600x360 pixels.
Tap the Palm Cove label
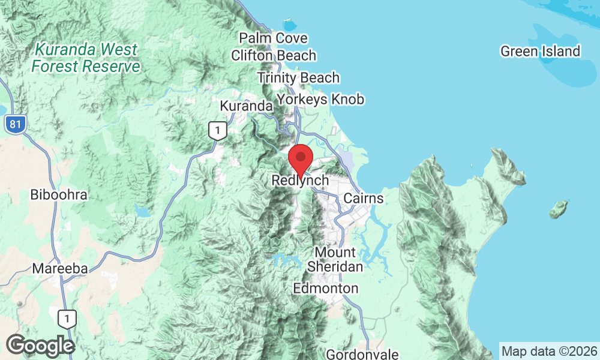(273, 38)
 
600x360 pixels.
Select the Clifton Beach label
(274, 56)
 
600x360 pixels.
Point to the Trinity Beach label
(298, 77)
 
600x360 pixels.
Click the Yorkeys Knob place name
(320, 99)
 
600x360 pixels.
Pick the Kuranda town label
(246, 106)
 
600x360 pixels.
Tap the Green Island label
(541, 52)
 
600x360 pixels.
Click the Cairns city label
(364, 198)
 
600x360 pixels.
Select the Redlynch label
(301, 180)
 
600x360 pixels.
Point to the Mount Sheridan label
(335, 259)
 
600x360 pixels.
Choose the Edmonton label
(326, 289)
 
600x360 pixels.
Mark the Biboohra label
(59, 195)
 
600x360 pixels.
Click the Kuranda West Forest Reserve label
(86, 58)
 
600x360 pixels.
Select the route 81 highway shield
(14, 125)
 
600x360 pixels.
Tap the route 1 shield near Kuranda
(218, 130)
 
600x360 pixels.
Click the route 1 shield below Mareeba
(68, 319)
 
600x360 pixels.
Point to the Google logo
(40, 346)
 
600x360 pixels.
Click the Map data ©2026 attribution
(549, 351)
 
